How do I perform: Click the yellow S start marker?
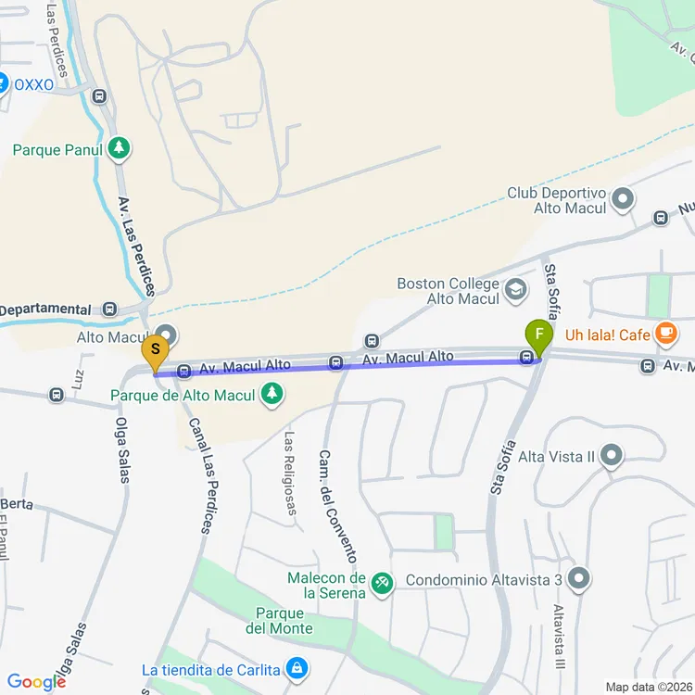click(x=156, y=351)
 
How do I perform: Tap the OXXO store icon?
click(x=3, y=84)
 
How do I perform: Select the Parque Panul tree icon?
click(x=118, y=147)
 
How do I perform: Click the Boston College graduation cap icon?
click(x=514, y=292)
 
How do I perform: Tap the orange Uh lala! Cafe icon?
click(x=664, y=333)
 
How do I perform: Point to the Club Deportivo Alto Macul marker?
click(x=623, y=198)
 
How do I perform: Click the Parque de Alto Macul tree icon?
click(x=272, y=395)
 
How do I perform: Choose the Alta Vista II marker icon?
click(x=611, y=456)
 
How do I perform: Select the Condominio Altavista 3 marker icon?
click(x=579, y=579)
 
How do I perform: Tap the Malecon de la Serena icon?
click(x=381, y=584)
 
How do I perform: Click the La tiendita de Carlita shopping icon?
click(x=296, y=668)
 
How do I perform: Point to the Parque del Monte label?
click(x=279, y=621)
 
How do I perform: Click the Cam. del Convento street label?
click(x=337, y=506)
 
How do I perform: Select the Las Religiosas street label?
click(x=290, y=474)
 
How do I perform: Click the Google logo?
click(x=35, y=682)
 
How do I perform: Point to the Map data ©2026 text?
click(x=649, y=687)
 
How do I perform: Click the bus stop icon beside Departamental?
click(x=110, y=310)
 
